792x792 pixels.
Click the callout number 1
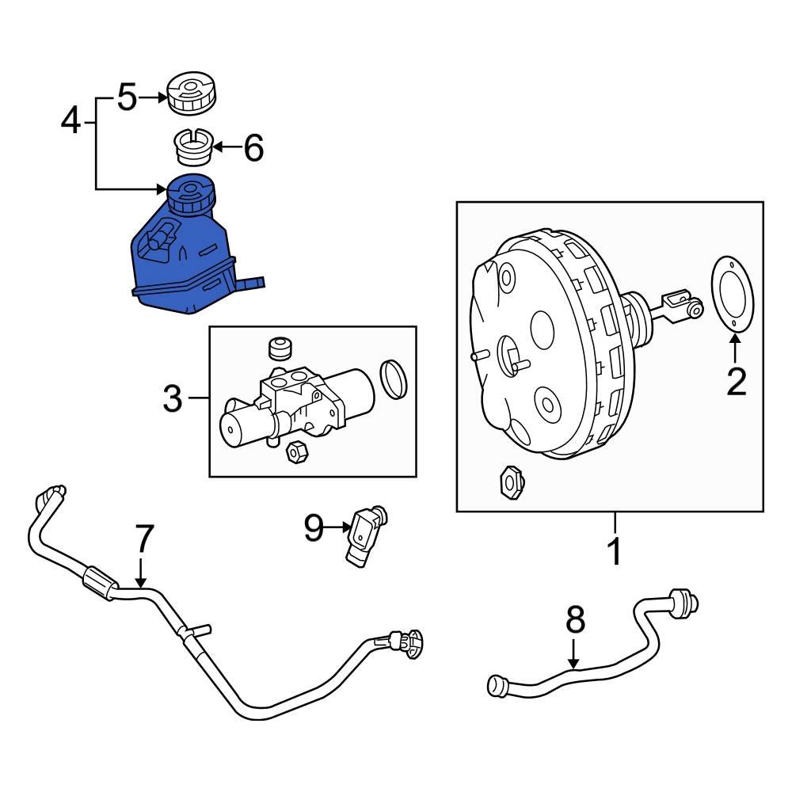coord(615,551)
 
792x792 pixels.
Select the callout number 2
coord(736,382)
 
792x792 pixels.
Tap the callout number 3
coord(173,399)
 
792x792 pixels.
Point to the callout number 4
coord(71,122)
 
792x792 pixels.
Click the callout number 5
coord(127,98)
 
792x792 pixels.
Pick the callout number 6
coord(253,147)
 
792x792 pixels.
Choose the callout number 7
coord(143,539)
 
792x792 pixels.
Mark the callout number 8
coord(575,620)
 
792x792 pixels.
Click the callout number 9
coord(314,527)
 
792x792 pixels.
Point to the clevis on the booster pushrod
coord(681,304)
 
